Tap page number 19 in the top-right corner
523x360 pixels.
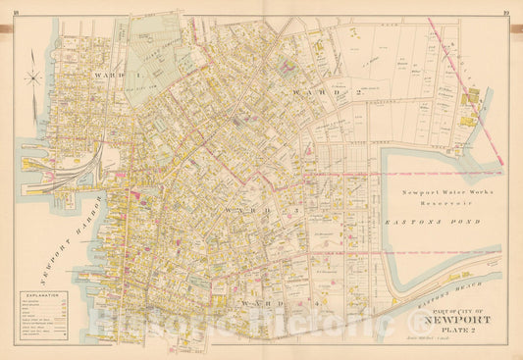504,5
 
